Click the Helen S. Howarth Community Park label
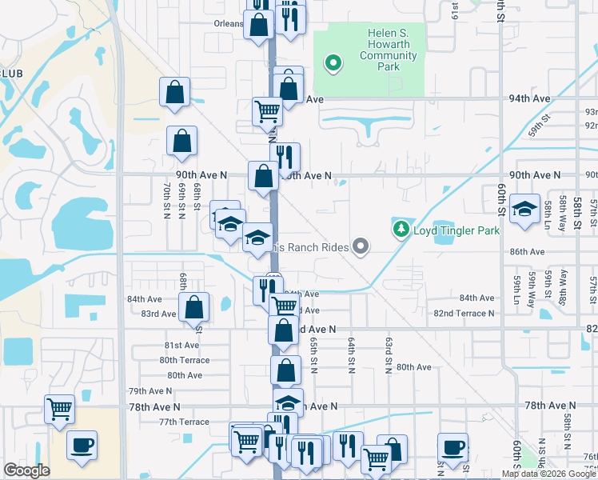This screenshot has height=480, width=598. coord(378,50)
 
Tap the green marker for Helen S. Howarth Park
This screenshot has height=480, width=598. coord(333,62)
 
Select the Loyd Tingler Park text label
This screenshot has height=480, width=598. coord(456,230)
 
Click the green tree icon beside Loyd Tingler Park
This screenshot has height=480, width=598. coord(401,230)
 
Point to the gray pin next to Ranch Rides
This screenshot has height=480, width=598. coord(361,247)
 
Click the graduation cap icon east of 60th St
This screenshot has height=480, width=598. coord(524,210)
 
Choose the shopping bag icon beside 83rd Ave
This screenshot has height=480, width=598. coord(193,306)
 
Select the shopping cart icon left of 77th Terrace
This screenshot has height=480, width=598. coord(59,410)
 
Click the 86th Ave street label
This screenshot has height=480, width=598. coord(527,251)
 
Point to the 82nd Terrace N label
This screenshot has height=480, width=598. coord(464,313)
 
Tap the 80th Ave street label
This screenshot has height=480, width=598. coord(414,367)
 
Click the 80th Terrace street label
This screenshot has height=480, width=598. coord(184,360)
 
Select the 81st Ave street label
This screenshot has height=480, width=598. coord(181,345)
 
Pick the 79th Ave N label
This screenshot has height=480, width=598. coord(150,391)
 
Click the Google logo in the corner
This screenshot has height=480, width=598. coord(27,470)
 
